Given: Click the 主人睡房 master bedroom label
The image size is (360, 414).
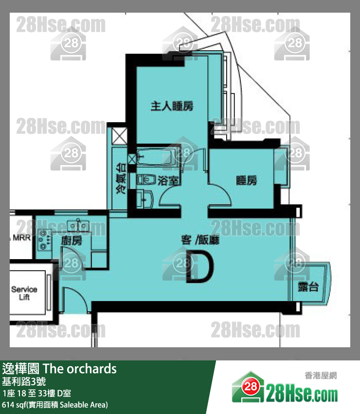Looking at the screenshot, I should click(172, 106).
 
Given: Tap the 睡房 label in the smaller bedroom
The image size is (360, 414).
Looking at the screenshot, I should click(246, 181).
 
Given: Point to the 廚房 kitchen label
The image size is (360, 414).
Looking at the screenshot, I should click(71, 241).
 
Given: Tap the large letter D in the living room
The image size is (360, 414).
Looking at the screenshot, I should click(200, 267).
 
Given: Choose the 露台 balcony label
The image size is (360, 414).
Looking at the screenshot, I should click(308, 287).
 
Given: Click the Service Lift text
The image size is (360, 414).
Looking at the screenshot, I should click(24, 293).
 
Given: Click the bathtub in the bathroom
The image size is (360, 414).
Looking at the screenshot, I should click(155, 157).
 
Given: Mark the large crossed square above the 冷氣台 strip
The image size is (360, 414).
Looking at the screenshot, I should click(120, 134).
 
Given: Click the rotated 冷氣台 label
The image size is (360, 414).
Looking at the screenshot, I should click(120, 179).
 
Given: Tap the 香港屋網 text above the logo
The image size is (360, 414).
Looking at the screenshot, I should click(321, 375).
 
